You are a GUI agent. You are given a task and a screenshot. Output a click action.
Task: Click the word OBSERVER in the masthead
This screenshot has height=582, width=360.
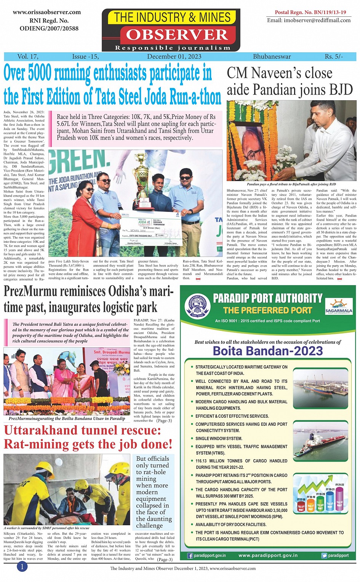click(x=177, y=35)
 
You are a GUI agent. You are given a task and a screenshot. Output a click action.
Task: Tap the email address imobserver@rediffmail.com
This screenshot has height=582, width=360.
click(x=309, y=20)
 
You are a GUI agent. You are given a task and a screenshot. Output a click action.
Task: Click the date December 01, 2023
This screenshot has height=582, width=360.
click(x=174, y=56)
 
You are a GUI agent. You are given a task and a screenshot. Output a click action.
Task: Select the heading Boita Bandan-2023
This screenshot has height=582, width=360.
click(x=267, y=351)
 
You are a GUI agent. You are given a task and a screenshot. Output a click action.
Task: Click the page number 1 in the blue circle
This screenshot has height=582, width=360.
click(x=22, y=567)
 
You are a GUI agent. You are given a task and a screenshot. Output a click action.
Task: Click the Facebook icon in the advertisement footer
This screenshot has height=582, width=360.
click(x=190, y=556)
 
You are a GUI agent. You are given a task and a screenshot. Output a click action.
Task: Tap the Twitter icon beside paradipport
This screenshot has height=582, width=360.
click(x=324, y=556)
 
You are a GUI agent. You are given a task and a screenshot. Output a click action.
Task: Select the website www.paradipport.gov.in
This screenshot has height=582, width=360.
click(x=268, y=555)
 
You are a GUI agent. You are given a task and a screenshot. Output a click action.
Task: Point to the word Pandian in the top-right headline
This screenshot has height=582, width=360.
click(x=278, y=90)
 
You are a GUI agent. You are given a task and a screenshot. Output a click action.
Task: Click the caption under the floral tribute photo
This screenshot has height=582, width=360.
click(x=291, y=184)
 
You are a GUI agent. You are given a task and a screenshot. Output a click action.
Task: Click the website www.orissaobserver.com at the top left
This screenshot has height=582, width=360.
click(x=47, y=12)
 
